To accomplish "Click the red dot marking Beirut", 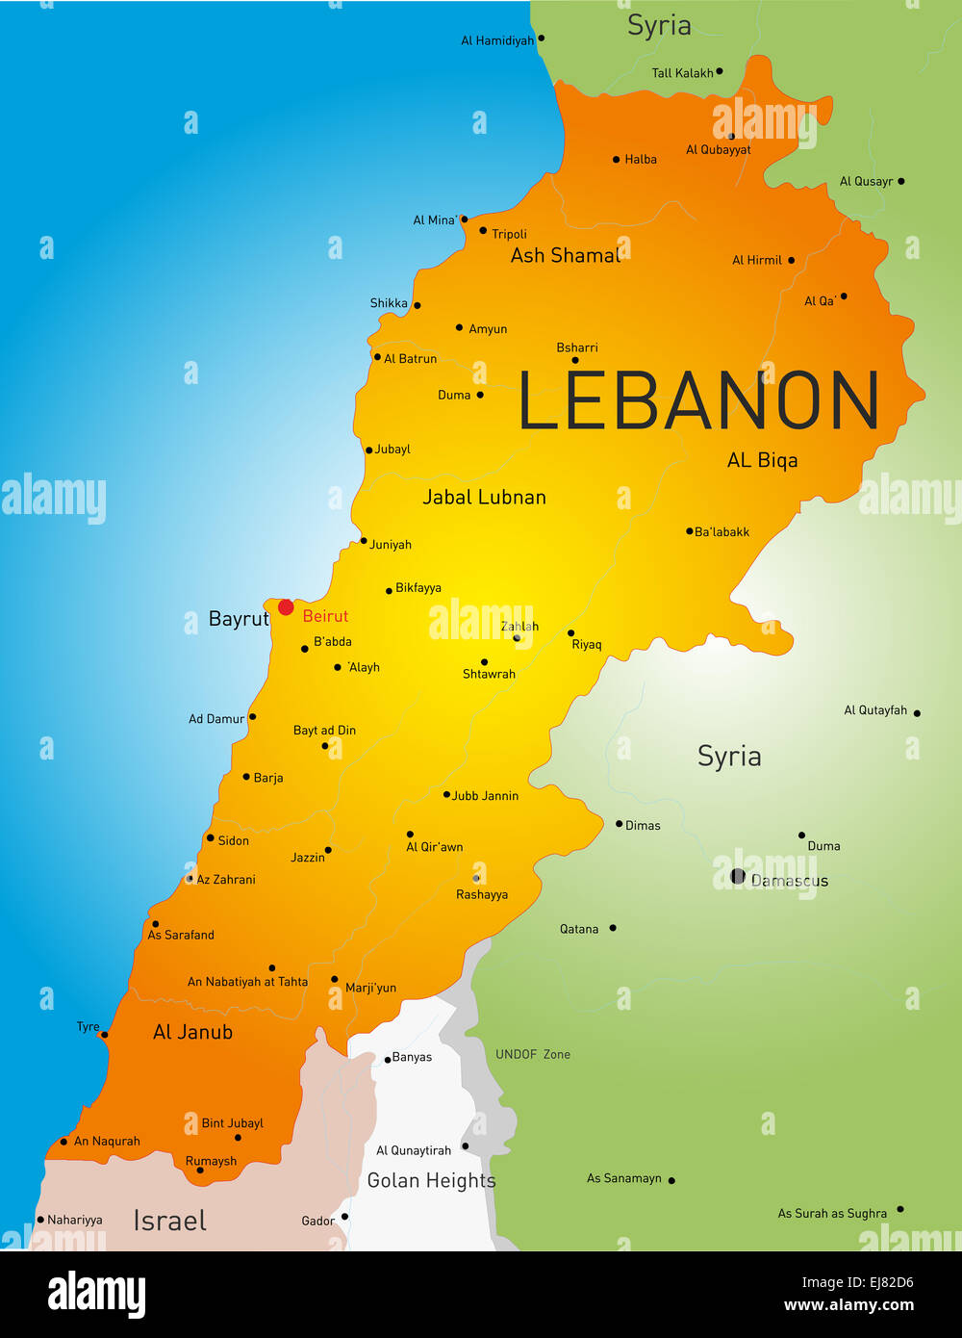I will click(x=286, y=607).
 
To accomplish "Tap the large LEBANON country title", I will click(x=698, y=400).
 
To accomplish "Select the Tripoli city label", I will click(x=509, y=234).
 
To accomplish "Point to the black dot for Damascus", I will click(x=738, y=876).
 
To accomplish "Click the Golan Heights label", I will click(x=431, y=1180).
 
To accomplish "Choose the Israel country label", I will click(x=169, y=1221).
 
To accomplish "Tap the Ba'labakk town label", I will click(x=721, y=531).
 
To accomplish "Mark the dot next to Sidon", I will click(x=210, y=837).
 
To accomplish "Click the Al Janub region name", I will click(x=192, y=1032).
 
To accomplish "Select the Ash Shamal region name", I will click(x=565, y=255).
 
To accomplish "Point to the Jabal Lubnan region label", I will click(x=484, y=497).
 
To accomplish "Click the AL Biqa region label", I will click(x=762, y=460).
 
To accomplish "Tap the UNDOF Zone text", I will click(x=532, y=1055).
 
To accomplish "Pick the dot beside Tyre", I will click(x=104, y=1035).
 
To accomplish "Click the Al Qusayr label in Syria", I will click(x=866, y=181).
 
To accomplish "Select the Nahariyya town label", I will click(x=74, y=1220).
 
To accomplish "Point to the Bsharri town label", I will click(x=577, y=347).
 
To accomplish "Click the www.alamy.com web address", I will click(x=848, y=1305).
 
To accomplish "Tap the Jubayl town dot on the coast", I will click(x=368, y=450).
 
